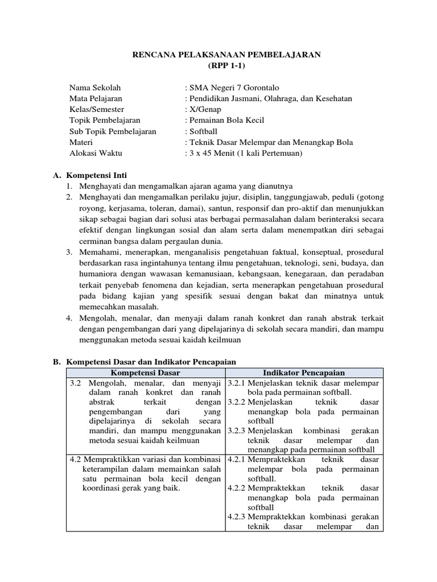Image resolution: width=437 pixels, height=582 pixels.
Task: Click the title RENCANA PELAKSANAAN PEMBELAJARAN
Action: point(226,55)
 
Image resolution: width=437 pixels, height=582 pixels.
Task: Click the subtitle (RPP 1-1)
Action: point(226,65)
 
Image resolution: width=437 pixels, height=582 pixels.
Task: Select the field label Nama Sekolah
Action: point(95,88)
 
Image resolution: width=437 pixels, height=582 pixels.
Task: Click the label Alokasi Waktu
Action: point(96,153)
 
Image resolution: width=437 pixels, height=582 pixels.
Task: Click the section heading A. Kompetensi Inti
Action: point(91,175)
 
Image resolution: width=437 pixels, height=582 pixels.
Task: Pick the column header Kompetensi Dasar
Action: point(146,373)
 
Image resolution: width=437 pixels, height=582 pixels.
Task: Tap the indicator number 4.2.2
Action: point(236,488)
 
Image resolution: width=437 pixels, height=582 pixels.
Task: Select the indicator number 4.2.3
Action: point(236,516)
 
